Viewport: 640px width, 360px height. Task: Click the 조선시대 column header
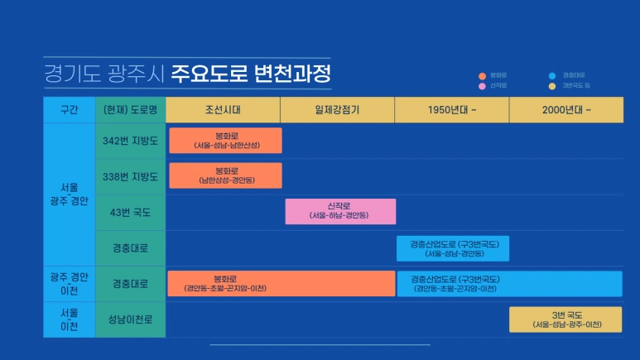point(223,110)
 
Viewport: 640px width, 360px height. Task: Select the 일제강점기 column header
point(337,110)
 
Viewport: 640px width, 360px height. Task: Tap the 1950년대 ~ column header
point(451,110)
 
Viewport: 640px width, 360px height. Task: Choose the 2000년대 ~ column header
point(566,110)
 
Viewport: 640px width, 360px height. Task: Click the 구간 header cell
point(70,110)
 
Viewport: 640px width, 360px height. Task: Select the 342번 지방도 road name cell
point(130,141)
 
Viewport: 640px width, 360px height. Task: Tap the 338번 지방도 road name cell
point(130,176)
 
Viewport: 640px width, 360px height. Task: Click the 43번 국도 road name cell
point(130,212)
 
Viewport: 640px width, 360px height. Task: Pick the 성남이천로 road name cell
point(130,319)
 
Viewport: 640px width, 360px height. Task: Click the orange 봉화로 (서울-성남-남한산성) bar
point(226,140)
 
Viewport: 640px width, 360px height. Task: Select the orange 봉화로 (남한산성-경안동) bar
point(226,175)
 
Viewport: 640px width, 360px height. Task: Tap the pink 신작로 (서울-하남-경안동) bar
point(340,211)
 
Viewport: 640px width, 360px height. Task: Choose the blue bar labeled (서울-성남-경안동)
point(453,248)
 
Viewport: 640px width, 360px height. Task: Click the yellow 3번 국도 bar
point(565,319)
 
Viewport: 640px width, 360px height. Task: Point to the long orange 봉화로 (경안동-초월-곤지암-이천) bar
point(282,283)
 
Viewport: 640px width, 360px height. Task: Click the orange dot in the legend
point(483,75)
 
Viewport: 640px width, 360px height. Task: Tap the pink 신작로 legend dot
point(483,85)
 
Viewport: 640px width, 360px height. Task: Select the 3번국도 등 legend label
point(576,85)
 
